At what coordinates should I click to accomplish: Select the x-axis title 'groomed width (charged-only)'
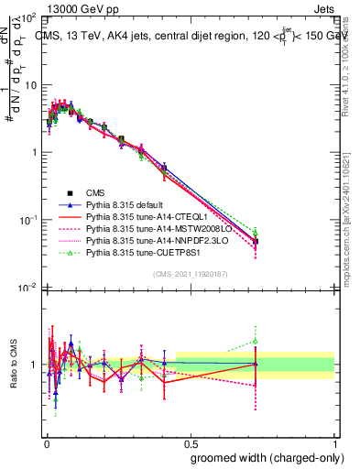pos(264,457)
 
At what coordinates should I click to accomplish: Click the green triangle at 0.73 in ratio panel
pos(256,342)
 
